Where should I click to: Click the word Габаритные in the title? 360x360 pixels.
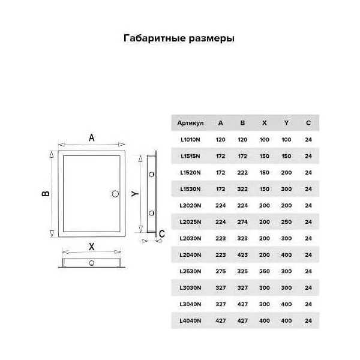click(x=155, y=38)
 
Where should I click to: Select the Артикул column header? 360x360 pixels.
click(x=190, y=123)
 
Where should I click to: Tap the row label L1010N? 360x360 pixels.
click(x=190, y=140)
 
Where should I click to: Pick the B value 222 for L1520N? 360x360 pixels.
click(x=242, y=173)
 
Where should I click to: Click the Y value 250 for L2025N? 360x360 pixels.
click(x=286, y=222)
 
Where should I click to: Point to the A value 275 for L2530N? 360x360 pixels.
click(x=220, y=271)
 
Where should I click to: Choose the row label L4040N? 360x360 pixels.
click(x=190, y=321)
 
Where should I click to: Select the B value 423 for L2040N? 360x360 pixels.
click(x=242, y=255)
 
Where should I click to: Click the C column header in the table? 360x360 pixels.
click(x=308, y=123)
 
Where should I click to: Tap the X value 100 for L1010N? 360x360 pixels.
click(x=264, y=140)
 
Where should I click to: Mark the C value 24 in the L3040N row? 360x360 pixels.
click(x=308, y=304)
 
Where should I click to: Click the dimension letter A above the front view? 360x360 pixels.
click(x=92, y=138)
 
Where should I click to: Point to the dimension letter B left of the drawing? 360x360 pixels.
click(x=46, y=194)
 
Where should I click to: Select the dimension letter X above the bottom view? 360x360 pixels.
click(x=92, y=247)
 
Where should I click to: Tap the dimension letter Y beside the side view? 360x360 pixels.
click(x=135, y=194)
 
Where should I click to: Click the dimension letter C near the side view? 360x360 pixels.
click(x=162, y=234)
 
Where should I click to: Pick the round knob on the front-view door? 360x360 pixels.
click(x=115, y=194)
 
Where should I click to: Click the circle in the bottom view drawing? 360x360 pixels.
click(x=92, y=263)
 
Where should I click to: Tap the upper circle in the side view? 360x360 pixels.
click(x=152, y=175)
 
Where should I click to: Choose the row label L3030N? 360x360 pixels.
click(x=190, y=287)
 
